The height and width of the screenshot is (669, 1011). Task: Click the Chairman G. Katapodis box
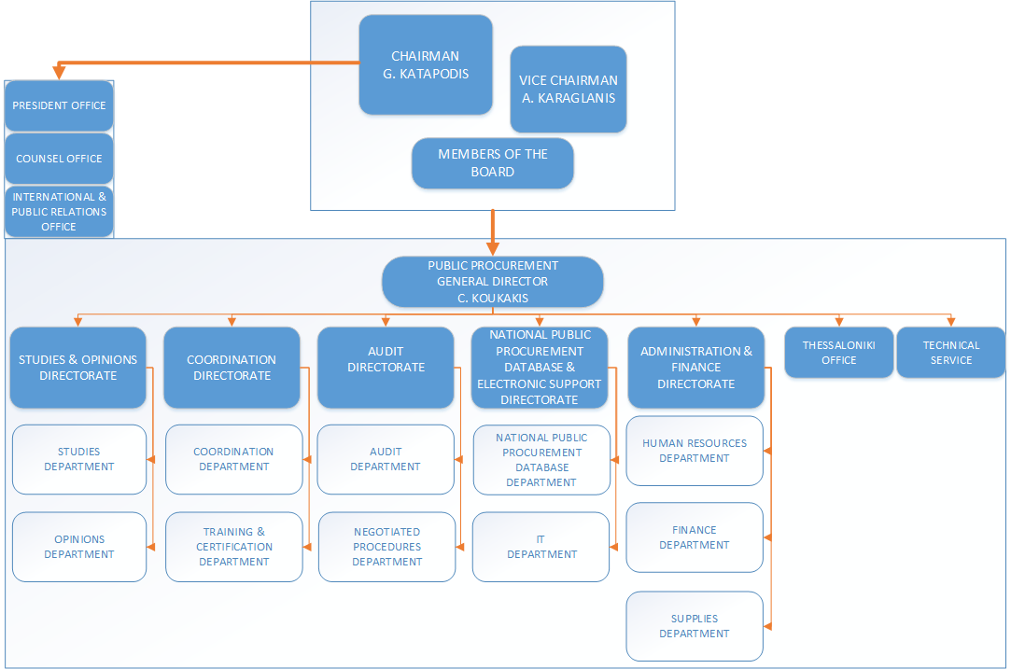[426, 64]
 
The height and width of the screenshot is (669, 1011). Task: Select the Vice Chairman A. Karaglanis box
[568, 90]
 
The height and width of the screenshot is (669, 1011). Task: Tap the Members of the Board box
[492, 163]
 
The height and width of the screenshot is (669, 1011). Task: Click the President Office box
[59, 105]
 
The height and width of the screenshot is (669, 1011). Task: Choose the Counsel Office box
[59, 159]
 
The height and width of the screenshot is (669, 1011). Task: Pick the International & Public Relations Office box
[59, 212]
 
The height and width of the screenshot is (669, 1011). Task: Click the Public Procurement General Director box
[492, 281]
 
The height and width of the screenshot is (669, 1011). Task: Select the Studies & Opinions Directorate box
[78, 368]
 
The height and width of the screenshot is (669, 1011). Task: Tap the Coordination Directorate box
[232, 368]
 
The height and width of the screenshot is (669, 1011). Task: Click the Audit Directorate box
[386, 368]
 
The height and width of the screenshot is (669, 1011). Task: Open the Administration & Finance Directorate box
[695, 368]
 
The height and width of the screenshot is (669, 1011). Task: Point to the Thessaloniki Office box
[838, 353]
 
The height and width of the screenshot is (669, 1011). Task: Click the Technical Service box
[951, 353]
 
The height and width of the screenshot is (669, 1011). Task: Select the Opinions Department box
[79, 547]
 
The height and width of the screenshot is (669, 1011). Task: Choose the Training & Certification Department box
[234, 547]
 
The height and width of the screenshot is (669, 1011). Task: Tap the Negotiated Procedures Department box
[386, 547]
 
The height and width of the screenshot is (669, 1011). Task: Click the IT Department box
[541, 547]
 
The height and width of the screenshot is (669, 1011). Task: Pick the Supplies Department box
[695, 626]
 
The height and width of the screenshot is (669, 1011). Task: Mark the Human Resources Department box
[695, 451]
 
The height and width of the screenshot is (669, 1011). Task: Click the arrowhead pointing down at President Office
[59, 74]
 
